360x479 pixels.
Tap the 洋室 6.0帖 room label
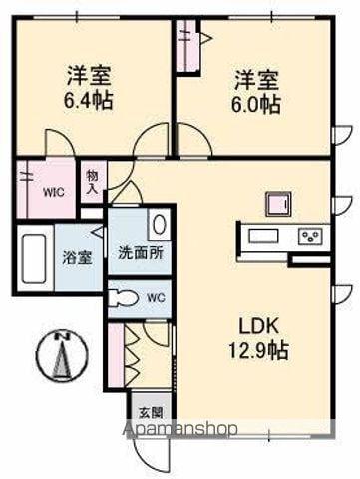point(256,91)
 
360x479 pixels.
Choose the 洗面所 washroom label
point(141,251)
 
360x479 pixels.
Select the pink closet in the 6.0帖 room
point(186,46)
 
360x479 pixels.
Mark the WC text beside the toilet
point(155,297)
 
